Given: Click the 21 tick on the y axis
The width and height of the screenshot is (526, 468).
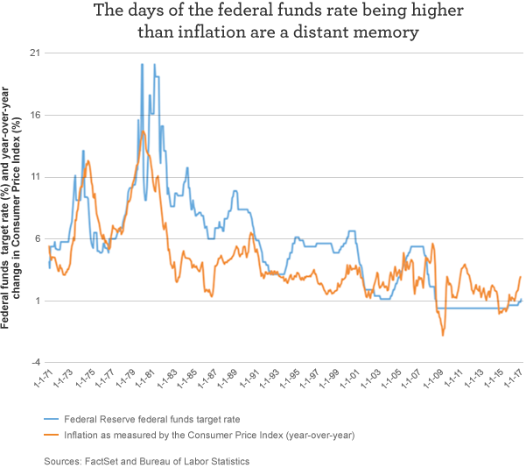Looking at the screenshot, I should (x=37, y=53).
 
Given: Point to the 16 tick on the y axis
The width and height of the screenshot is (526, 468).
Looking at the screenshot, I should (x=37, y=115).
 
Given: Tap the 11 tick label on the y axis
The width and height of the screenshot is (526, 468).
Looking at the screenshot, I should (x=37, y=177).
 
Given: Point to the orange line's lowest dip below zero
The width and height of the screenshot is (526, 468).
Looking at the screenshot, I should (x=443, y=335).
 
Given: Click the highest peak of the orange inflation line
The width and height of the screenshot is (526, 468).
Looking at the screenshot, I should (x=144, y=131).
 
